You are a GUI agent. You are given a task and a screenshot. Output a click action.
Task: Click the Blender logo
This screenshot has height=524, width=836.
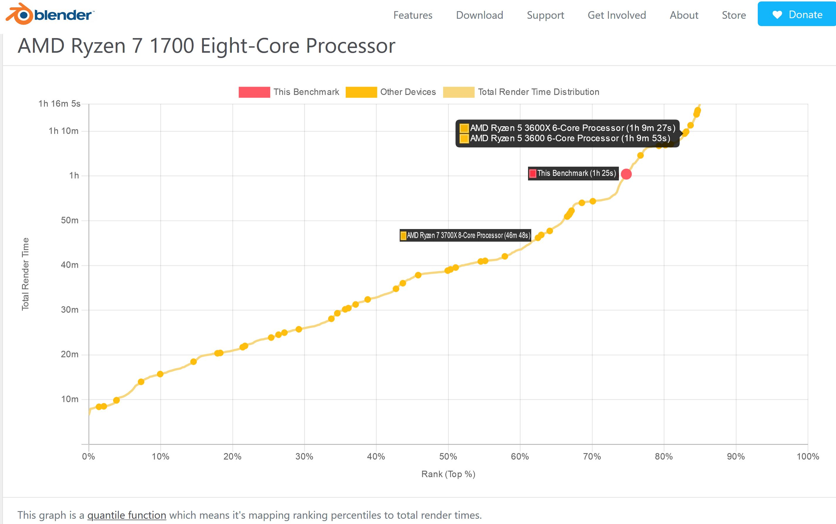pos(50,15)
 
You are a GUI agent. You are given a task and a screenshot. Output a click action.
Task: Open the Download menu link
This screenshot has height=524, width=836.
pos(479,15)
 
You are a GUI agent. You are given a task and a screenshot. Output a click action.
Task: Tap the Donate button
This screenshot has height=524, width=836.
pos(797,14)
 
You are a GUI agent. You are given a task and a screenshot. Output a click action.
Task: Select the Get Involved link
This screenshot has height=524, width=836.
pos(617,15)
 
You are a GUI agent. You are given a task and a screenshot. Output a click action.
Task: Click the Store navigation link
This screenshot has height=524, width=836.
pos(734,15)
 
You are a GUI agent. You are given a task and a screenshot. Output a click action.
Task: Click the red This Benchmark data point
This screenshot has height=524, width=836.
pos(626,174)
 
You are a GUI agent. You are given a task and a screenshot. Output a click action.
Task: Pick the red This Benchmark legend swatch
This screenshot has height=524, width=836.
pos(254,92)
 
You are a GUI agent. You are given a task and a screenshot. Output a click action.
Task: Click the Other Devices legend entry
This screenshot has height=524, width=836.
pos(408,92)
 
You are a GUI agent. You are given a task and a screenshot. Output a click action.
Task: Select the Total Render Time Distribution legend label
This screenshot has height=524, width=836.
pos(538,92)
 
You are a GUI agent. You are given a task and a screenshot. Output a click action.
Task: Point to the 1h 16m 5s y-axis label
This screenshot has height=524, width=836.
pos(59,104)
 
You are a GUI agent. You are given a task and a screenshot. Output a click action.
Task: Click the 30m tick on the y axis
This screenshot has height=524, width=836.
pos(70,310)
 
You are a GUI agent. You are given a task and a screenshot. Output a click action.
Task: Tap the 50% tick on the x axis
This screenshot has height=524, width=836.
pos(448,456)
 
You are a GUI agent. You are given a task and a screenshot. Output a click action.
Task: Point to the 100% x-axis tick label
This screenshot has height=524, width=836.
pos(808,456)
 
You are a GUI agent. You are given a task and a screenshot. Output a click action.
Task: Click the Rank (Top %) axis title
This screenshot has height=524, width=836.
pos(448,474)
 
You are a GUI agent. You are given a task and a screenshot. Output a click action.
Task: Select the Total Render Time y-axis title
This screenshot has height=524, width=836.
pos(25,274)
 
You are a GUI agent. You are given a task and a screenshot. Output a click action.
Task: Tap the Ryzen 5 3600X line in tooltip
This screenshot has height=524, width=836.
pos(572,128)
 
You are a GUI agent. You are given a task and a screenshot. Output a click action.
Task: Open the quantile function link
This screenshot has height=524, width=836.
pos(127,515)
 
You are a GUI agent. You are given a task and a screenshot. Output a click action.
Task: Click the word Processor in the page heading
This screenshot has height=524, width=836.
pos(350,46)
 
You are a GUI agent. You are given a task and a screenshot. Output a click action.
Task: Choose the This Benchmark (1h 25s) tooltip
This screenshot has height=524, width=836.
pos(576,173)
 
